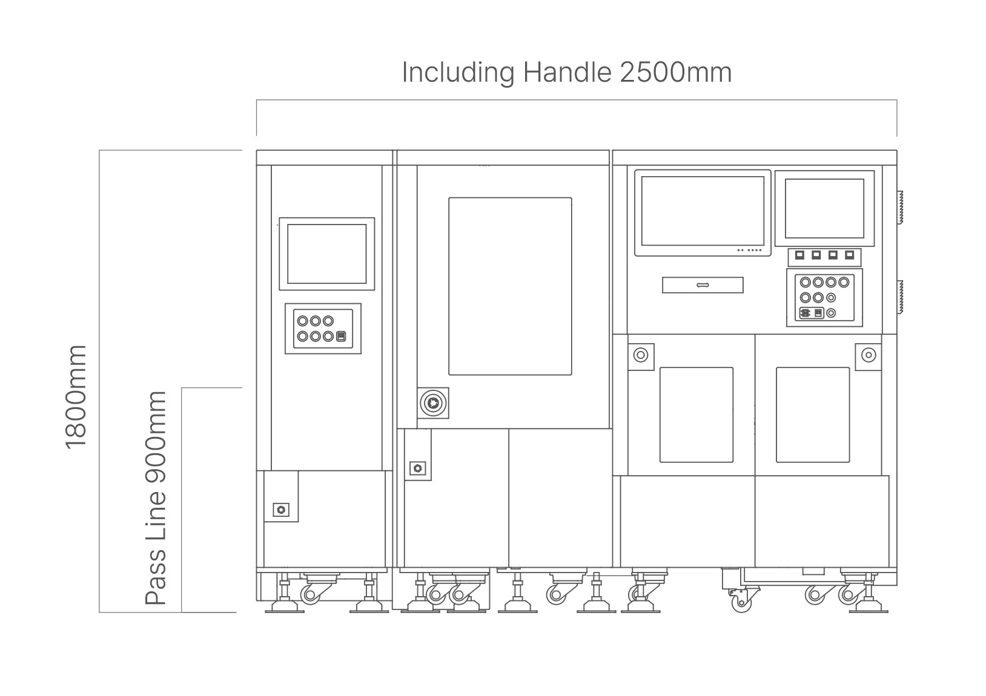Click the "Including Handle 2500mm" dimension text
tap(566, 73)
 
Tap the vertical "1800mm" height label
tap(75, 397)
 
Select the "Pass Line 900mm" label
tap(156, 497)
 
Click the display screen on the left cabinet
tap(326, 254)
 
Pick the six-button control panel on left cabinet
tap(323, 329)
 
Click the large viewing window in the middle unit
tap(510, 286)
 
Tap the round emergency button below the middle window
tap(433, 403)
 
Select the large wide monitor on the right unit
tap(703, 213)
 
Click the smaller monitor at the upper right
tap(824, 209)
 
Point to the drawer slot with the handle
tap(703, 285)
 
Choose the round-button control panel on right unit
tap(824, 298)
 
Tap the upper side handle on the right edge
tap(900, 208)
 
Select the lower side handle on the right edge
tap(900, 297)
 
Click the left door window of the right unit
tap(696, 415)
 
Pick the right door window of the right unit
tap(813, 415)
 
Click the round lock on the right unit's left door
tap(640, 355)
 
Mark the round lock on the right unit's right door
tap(869, 355)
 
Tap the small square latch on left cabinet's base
tap(281, 510)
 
